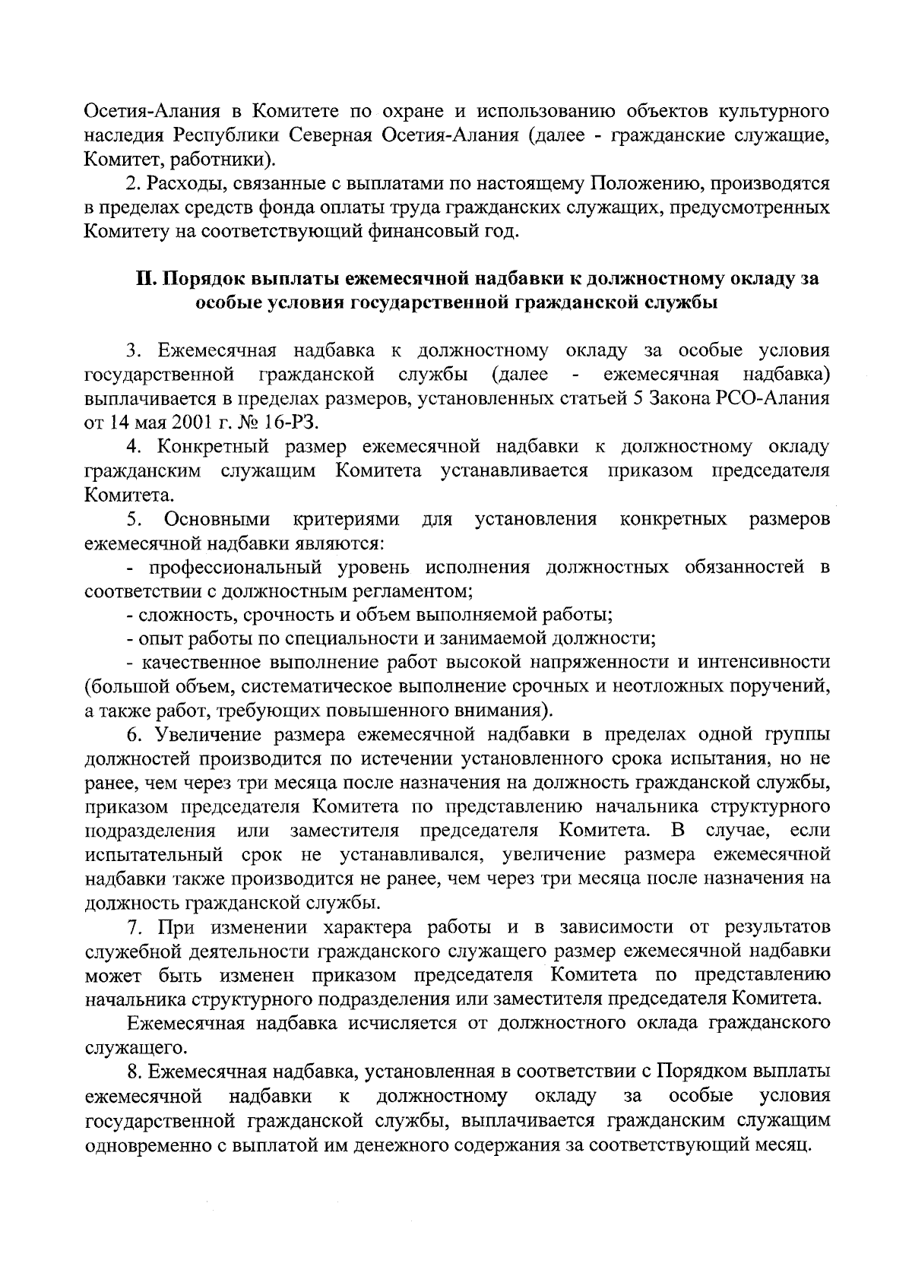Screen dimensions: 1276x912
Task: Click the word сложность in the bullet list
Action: click(181, 614)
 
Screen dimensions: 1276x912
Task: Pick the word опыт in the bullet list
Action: click(162, 638)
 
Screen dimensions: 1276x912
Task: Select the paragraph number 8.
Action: click(133, 1072)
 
